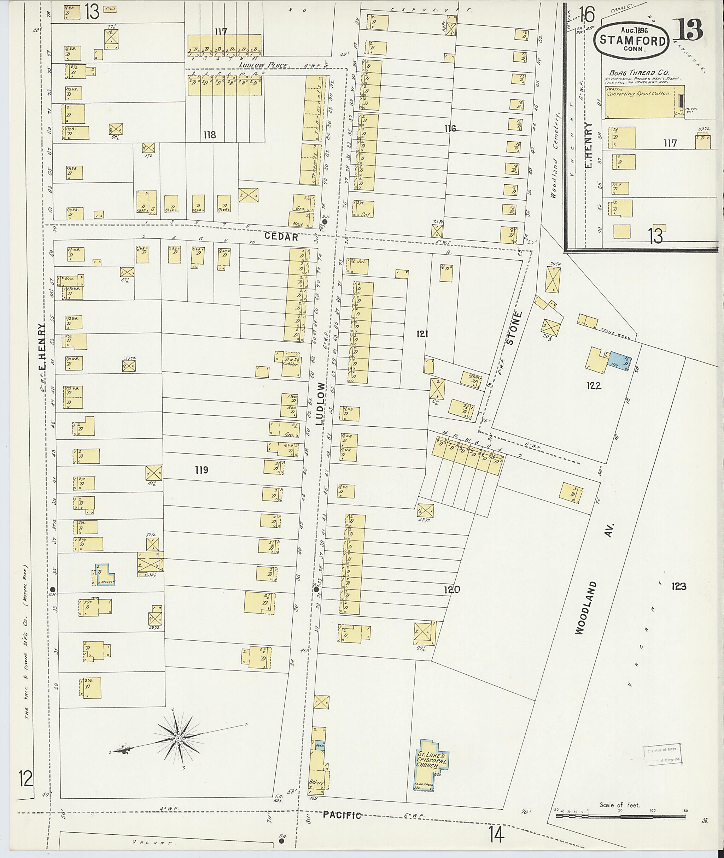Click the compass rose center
[x=179, y=738]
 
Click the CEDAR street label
[x=281, y=237]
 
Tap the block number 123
[x=678, y=586]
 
